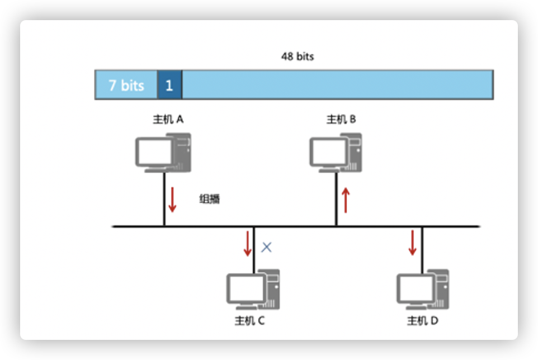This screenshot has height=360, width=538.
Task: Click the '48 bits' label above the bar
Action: coord(297,56)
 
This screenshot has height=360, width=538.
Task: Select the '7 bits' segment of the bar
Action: coord(126,85)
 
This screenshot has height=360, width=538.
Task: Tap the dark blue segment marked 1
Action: coord(169,85)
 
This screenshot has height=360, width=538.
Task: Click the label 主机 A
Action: coord(168,119)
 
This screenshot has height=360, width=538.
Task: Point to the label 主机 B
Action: coord(341,119)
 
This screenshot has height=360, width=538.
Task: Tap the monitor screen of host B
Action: coord(328,151)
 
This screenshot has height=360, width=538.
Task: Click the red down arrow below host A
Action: coord(172,200)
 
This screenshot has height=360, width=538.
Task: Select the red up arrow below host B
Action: coord(346,200)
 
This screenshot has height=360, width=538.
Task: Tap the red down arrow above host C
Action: coord(248,244)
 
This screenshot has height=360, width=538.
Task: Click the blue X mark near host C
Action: coord(267,247)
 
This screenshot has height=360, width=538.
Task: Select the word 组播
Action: coord(210,198)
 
